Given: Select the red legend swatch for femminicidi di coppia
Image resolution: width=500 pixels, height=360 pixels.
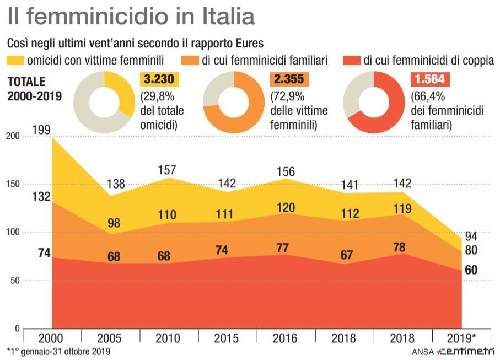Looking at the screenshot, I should [351, 60].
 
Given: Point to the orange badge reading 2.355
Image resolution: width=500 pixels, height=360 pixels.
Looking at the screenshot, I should [289, 79].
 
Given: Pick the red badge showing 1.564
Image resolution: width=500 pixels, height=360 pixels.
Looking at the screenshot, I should [431, 79].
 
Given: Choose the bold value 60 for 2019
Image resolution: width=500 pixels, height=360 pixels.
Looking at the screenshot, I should [471, 270].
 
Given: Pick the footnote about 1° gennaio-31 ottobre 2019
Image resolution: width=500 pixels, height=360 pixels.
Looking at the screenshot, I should [59, 352].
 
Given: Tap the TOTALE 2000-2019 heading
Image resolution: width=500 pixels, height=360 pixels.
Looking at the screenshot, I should [34, 88].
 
